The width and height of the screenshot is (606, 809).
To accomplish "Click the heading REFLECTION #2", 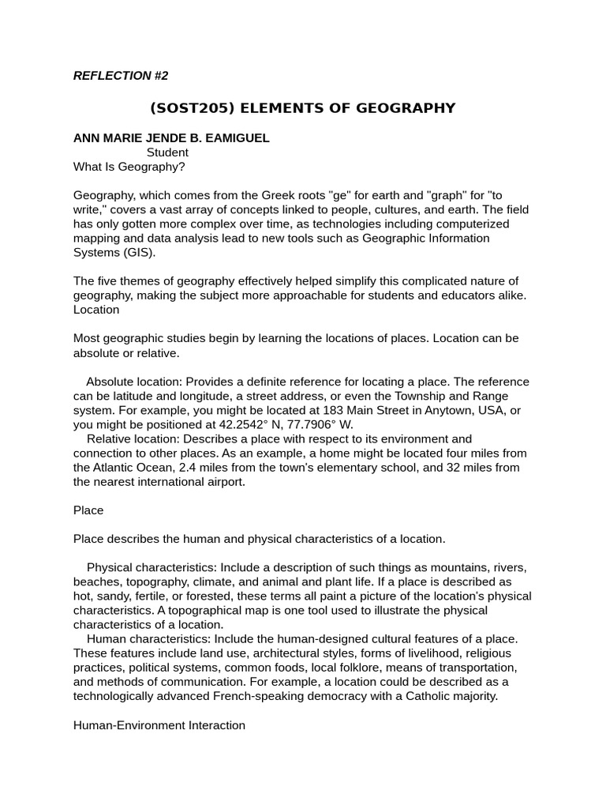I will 121,76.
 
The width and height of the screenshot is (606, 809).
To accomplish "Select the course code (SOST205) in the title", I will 185,108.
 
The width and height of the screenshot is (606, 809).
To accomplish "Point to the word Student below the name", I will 167,152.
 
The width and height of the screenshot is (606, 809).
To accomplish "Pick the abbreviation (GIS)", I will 138,253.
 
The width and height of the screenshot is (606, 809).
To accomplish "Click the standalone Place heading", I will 88,510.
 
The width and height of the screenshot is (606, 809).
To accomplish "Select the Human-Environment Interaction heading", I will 159,724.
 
